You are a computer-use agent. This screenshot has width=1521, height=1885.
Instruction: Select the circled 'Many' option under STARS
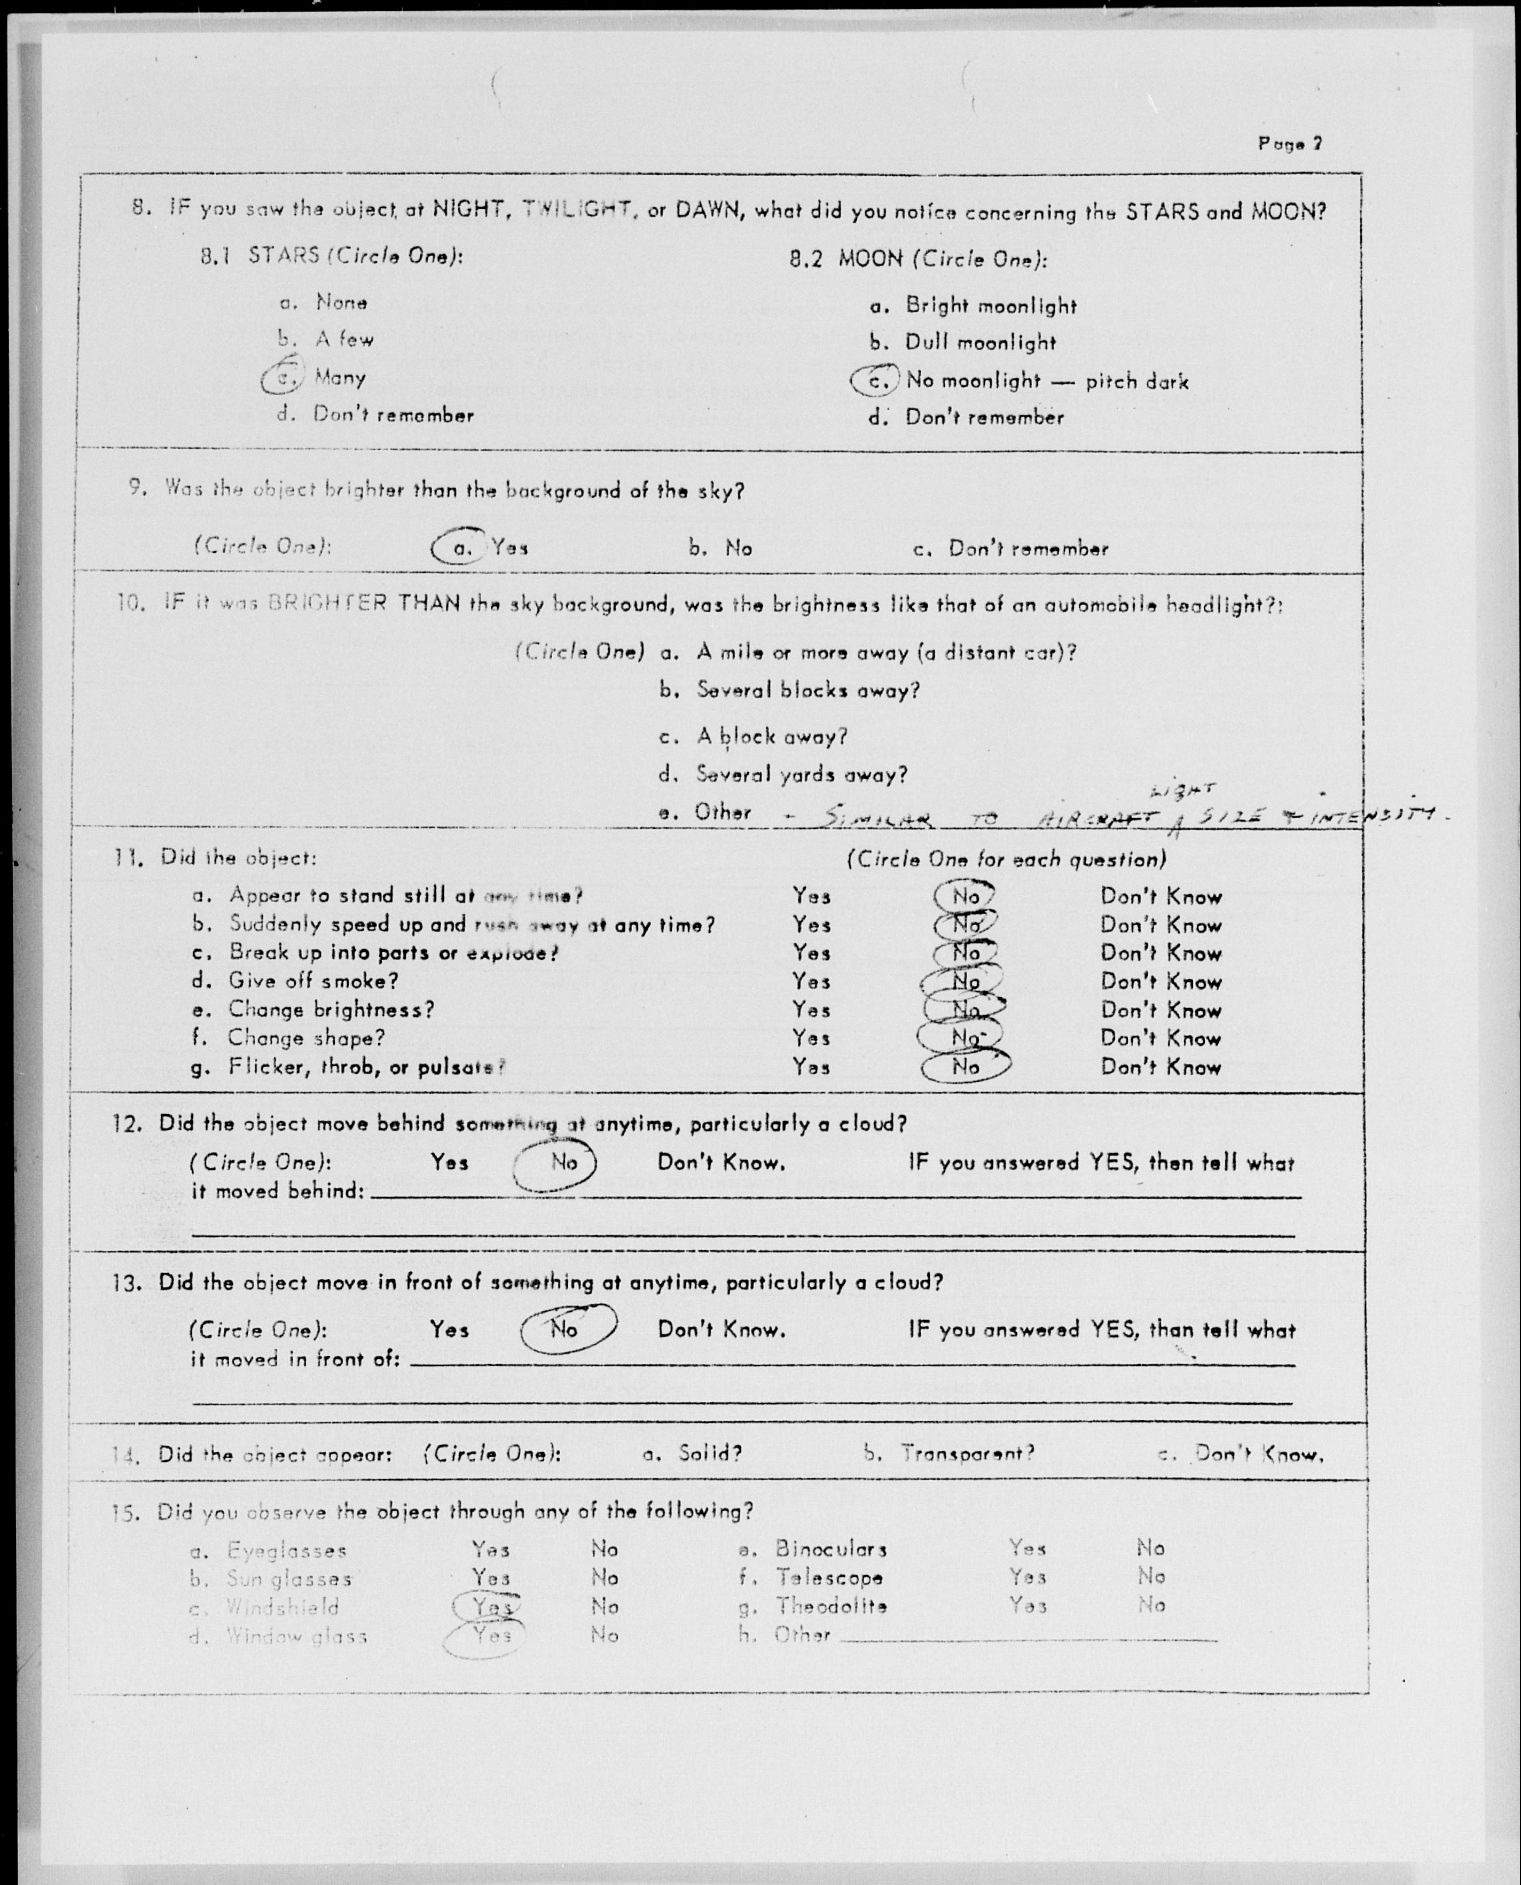[x=339, y=378]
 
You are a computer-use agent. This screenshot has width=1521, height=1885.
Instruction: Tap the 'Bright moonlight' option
[x=990, y=306]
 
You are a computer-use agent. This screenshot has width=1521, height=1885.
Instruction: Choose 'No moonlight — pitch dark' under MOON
[x=1046, y=381]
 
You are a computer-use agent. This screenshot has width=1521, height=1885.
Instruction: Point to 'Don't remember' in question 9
[x=1028, y=550]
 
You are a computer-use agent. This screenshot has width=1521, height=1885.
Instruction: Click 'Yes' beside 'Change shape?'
[x=811, y=1038]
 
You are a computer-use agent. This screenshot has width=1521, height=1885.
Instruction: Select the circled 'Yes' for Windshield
[x=491, y=1606]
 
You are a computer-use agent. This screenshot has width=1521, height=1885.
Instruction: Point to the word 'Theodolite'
[x=830, y=1606]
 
